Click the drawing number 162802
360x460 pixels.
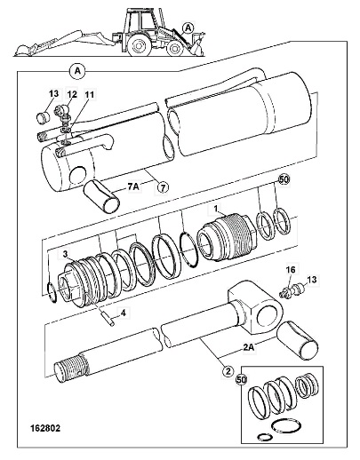(45, 428)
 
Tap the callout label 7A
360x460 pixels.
(134, 186)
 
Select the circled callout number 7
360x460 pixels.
(162, 187)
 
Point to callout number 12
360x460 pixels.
(72, 94)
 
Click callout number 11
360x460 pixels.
(89, 94)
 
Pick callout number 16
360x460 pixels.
(291, 269)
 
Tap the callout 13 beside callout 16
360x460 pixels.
(312, 280)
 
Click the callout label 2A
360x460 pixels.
(248, 347)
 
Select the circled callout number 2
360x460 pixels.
(228, 371)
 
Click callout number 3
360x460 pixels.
(65, 254)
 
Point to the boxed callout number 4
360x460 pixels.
(124, 313)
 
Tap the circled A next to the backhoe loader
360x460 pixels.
(188, 28)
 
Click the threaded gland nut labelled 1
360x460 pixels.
(226, 237)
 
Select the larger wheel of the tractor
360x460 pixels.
(139, 45)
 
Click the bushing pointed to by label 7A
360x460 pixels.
(101, 195)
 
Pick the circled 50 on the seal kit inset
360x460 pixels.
(242, 380)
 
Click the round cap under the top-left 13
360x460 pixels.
(44, 117)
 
